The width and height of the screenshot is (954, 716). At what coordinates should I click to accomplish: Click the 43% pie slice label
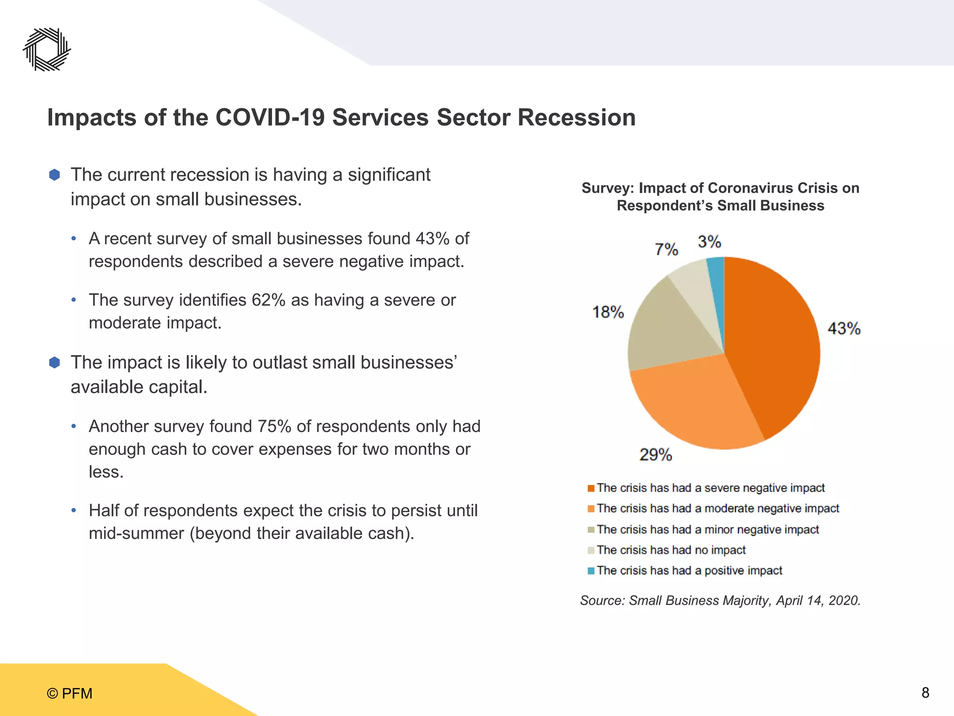point(844,329)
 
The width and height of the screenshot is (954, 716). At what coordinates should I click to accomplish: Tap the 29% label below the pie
point(655,454)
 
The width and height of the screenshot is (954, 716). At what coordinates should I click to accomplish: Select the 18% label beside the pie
point(608,312)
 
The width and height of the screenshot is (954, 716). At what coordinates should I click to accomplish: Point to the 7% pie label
point(666,249)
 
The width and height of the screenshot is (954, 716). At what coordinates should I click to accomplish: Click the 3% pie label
point(709,241)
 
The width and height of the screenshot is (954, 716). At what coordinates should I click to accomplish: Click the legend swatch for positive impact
point(591,571)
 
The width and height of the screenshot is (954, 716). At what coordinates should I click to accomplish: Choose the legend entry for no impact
point(671,550)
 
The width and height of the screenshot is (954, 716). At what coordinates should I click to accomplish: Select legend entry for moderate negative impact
point(717,509)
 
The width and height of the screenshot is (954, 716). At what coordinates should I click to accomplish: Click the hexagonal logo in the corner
point(47,49)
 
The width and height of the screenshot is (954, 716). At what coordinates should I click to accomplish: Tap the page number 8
point(925,693)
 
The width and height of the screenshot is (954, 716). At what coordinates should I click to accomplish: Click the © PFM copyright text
point(70,694)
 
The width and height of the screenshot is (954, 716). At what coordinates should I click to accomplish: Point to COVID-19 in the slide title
point(270,117)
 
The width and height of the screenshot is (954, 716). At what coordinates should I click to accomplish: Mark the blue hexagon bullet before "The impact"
point(55,363)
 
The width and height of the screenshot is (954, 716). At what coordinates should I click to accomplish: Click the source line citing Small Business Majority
point(720,600)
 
